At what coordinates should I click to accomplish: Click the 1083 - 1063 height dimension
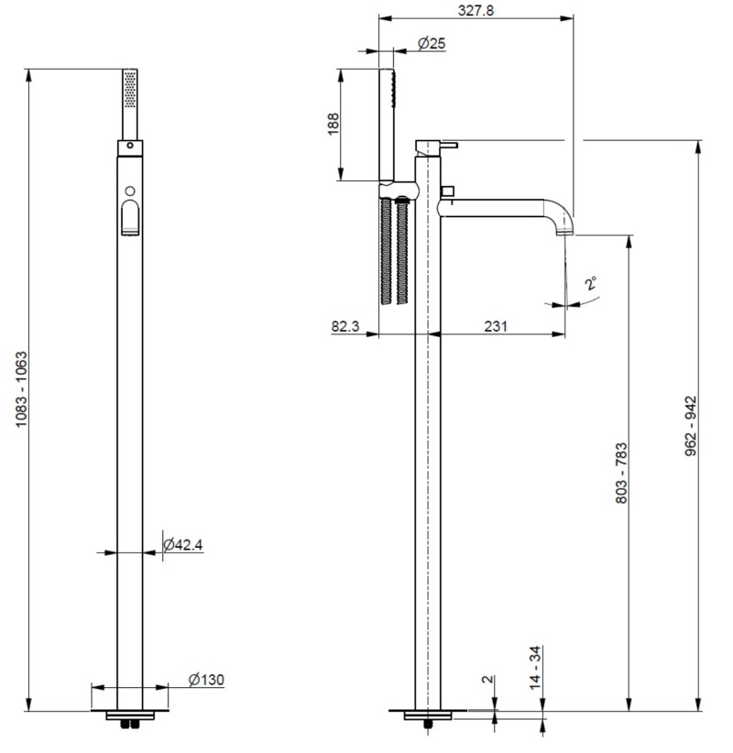click(x=20, y=390)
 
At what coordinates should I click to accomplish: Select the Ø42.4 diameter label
click(x=182, y=545)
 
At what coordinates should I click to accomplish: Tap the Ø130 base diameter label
click(x=206, y=680)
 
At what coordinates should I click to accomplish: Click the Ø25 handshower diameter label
click(x=431, y=43)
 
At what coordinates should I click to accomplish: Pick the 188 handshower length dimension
click(x=333, y=124)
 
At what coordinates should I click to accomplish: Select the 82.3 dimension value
click(x=346, y=326)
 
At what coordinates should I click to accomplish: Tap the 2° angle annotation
click(x=592, y=284)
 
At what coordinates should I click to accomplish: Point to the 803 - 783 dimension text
click(x=621, y=473)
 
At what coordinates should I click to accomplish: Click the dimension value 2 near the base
click(x=487, y=682)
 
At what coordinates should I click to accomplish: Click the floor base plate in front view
click(x=130, y=714)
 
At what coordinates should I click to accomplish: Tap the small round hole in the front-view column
click(x=130, y=191)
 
